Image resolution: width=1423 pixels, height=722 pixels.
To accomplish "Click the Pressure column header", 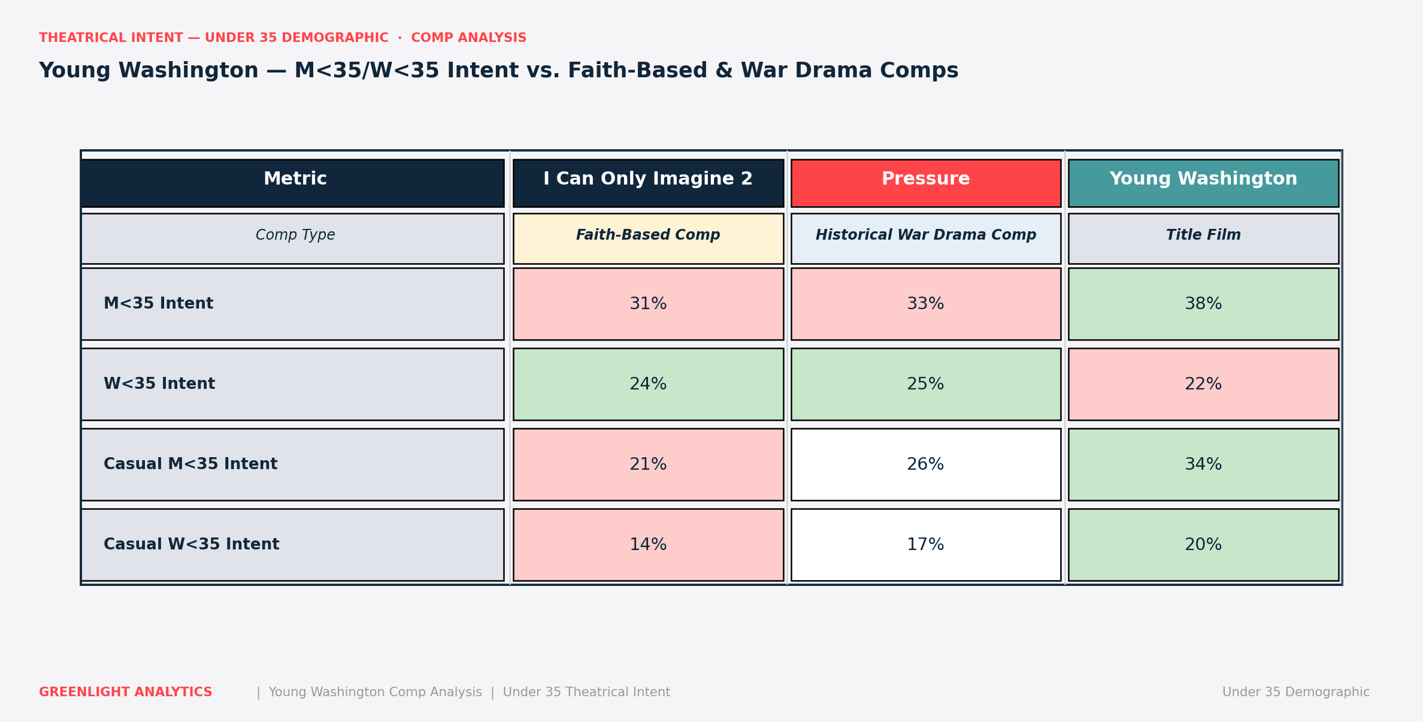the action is (925, 183).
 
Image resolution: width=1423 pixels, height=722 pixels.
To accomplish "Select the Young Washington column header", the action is (1203, 183).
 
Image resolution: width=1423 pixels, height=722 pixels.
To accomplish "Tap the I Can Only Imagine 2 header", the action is (648, 183).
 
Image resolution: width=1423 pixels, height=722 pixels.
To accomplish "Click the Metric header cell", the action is (292, 183).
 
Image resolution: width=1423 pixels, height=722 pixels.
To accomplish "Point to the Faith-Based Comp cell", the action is (648, 238).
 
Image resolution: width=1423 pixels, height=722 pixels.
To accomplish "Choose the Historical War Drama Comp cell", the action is (925, 238).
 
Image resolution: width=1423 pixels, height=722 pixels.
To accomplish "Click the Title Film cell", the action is (1203, 238).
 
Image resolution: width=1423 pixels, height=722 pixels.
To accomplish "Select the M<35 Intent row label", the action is (158, 304).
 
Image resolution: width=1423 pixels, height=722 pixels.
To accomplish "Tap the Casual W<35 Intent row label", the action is (191, 545).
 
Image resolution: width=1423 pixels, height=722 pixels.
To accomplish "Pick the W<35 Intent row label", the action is (159, 384).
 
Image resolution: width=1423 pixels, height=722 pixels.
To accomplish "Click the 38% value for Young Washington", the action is (1203, 304).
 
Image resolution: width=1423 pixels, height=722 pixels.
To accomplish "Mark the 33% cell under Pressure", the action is (925, 304).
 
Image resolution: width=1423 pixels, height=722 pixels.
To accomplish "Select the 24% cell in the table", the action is (648, 384).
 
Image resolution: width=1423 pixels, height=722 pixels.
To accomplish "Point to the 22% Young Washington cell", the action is (1203, 384).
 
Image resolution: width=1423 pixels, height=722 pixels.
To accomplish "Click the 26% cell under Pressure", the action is (925, 464).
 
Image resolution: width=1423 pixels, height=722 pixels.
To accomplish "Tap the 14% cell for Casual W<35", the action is (648, 545).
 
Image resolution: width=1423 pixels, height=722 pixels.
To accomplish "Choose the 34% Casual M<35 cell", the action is (1203, 464).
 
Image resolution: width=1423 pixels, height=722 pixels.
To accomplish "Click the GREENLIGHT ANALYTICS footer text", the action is (126, 692).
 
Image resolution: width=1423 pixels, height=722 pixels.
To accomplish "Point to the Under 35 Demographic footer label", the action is (1296, 692).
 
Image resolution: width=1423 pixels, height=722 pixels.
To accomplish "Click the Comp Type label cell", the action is (292, 238).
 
